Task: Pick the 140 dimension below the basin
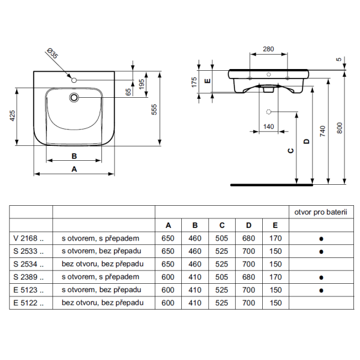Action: pyautogui.click(x=268, y=127)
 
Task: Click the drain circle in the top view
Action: pyautogui.click(x=75, y=97)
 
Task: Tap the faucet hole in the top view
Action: pyautogui.click(x=74, y=80)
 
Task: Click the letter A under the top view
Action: pyautogui.click(x=74, y=169)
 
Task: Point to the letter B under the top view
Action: pyautogui.click(x=74, y=155)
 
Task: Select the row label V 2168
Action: pyautogui.click(x=28, y=239)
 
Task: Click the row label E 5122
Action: pyautogui.click(x=28, y=304)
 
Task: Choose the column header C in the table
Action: pyautogui.click(x=222, y=226)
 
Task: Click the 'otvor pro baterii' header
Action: pyautogui.click(x=321, y=212)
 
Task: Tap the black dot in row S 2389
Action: pyautogui.click(x=321, y=278)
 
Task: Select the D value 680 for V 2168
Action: pyautogui.click(x=248, y=239)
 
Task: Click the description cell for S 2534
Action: pyautogui.click(x=103, y=265)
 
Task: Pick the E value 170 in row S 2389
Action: pyautogui.click(x=275, y=277)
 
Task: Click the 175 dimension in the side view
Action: pyautogui.click(x=194, y=82)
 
